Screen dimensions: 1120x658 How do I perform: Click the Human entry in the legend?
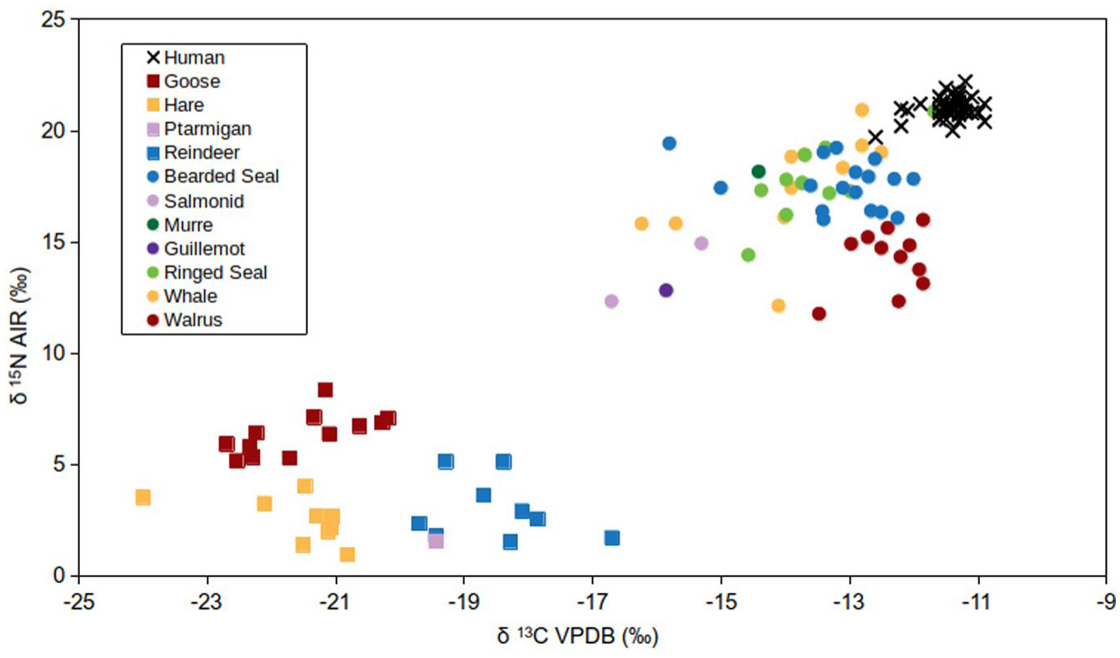coord(185,58)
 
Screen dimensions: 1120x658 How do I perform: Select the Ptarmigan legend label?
coord(199,129)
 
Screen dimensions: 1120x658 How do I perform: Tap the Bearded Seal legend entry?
coord(213,176)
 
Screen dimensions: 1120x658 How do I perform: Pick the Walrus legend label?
coord(184,320)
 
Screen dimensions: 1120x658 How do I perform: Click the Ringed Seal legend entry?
coord(207,273)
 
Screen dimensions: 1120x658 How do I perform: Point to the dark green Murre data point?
coord(758,171)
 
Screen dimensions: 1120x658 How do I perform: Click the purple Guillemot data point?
coord(666,290)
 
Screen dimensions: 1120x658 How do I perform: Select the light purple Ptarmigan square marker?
coord(436,540)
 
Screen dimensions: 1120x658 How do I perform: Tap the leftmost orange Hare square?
coord(143,497)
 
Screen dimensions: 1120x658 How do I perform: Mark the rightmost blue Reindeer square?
coord(612,538)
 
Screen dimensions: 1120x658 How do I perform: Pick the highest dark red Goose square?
coord(325,390)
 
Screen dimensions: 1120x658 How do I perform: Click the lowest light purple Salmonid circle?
coord(612,301)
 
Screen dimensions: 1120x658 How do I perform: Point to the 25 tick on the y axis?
coord(75,20)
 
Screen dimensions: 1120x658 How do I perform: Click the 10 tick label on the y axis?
coord(53,354)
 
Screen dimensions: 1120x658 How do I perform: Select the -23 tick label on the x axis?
coord(207,602)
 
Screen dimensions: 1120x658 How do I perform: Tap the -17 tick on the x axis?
coord(593,579)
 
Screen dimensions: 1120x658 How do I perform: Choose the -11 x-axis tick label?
coord(977,602)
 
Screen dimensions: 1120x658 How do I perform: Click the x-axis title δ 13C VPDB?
coord(577,637)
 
